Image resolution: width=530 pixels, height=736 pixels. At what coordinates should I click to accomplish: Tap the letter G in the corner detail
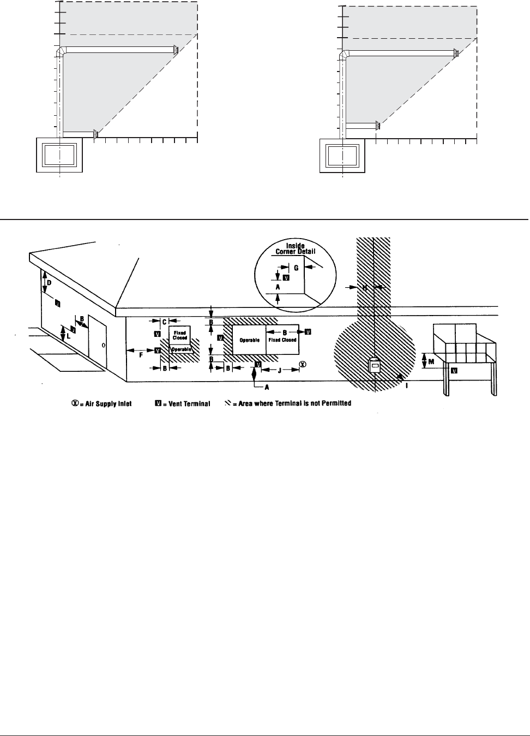click(x=296, y=268)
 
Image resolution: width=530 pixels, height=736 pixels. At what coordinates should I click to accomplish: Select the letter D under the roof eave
click(x=49, y=283)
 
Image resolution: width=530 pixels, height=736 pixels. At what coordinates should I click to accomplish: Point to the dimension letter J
click(x=280, y=370)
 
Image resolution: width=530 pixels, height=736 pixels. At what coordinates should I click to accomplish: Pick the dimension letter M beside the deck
click(x=431, y=360)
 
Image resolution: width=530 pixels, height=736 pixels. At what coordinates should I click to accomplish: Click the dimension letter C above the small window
click(x=164, y=322)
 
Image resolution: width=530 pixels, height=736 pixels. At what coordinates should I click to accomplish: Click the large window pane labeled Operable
click(x=249, y=341)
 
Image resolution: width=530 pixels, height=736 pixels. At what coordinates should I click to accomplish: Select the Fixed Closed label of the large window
click(x=282, y=340)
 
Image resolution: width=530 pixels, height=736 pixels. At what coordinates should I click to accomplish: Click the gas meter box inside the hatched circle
click(x=375, y=366)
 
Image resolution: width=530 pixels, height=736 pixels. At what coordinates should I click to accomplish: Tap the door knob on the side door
click(x=104, y=345)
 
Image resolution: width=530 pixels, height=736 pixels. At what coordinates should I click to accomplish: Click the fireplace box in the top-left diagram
click(x=59, y=155)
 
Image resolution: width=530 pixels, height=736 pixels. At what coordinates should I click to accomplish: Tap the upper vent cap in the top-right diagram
click(x=455, y=54)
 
